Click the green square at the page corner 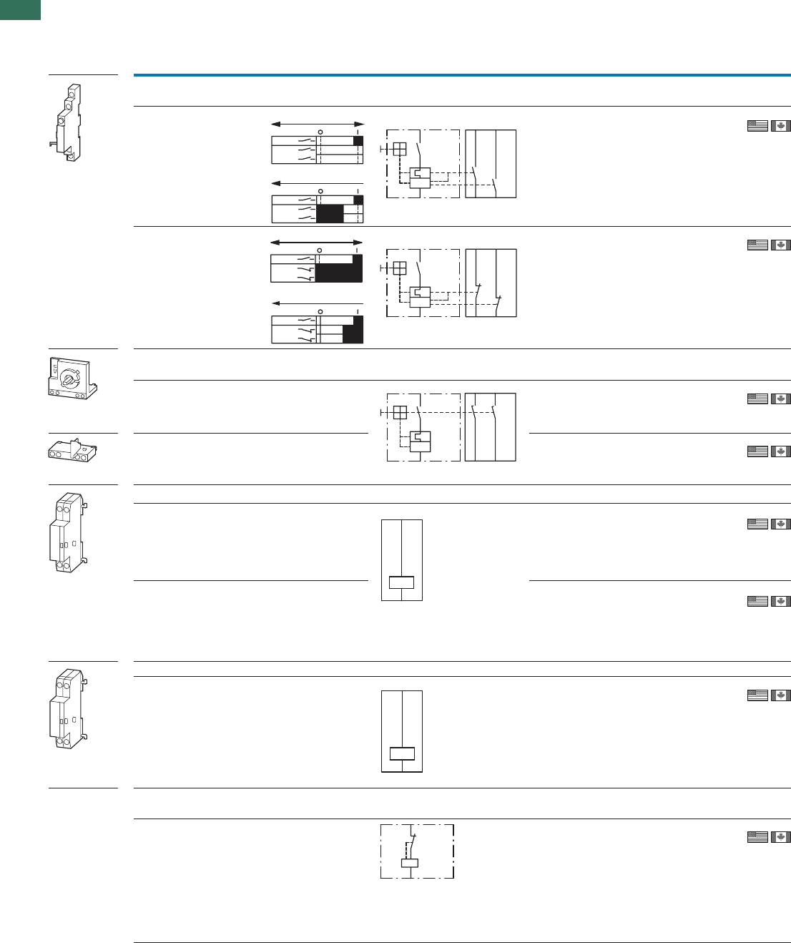click(20, 9)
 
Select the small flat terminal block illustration click(72, 451)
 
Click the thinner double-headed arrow click(318, 124)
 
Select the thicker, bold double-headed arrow click(317, 243)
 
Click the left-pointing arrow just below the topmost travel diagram click(318, 184)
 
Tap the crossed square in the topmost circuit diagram click(400, 149)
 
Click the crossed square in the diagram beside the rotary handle click(400, 412)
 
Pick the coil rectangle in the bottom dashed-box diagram click(410, 863)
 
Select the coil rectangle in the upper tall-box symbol click(402, 582)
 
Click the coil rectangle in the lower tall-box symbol click(402, 753)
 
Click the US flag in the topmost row click(757, 126)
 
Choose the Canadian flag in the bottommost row click(781, 836)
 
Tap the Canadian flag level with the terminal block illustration click(781, 451)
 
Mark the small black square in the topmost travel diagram click(358, 141)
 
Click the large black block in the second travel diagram click(330, 214)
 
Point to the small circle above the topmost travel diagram click(320, 132)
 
